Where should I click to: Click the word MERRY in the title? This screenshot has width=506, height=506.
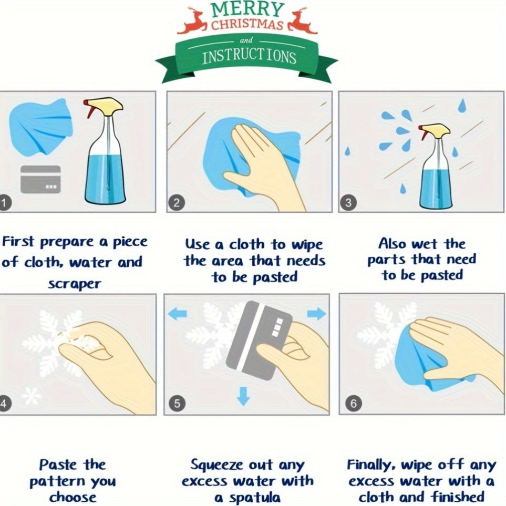pos(247,9)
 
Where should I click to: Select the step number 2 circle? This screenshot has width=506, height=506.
pos(176,203)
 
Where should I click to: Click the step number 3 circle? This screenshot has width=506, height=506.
pos(348,203)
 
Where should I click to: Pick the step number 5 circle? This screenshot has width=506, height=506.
pos(177,404)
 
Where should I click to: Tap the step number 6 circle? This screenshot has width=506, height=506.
pos(354,404)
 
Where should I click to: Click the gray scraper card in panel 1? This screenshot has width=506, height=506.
pos(40,179)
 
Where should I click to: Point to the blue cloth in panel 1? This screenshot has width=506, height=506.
pos(40,128)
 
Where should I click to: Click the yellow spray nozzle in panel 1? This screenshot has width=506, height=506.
pos(104,106)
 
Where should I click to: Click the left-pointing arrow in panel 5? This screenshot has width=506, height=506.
pos(178,313)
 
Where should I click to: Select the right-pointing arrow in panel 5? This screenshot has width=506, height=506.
pos(316,313)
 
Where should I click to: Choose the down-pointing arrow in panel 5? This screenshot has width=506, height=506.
pos(243,396)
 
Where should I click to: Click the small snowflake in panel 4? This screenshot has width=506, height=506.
pos(31,396)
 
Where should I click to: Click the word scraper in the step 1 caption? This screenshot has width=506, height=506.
pos(75,284)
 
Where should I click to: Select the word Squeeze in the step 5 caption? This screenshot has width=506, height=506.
pos(216,466)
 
